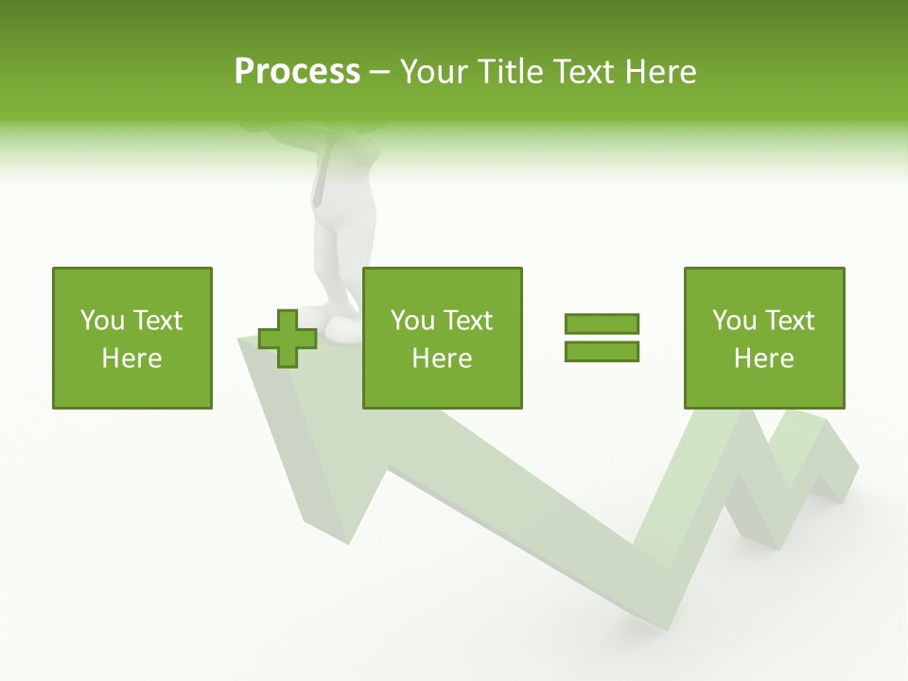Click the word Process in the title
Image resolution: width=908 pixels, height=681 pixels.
point(297,72)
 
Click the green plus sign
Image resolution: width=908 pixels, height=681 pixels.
point(288,338)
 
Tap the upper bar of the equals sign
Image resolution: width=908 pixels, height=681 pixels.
point(602,323)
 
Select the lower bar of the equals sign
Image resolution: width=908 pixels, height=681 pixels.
point(602,351)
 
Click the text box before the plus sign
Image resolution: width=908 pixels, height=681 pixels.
point(132,338)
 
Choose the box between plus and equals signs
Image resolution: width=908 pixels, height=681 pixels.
point(443,338)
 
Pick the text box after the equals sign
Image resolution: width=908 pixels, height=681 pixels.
point(764,338)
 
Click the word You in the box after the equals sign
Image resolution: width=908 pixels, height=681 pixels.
point(735,321)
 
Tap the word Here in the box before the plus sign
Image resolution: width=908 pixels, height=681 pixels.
point(132,358)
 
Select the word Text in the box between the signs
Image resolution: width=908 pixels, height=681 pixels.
point(468,321)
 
